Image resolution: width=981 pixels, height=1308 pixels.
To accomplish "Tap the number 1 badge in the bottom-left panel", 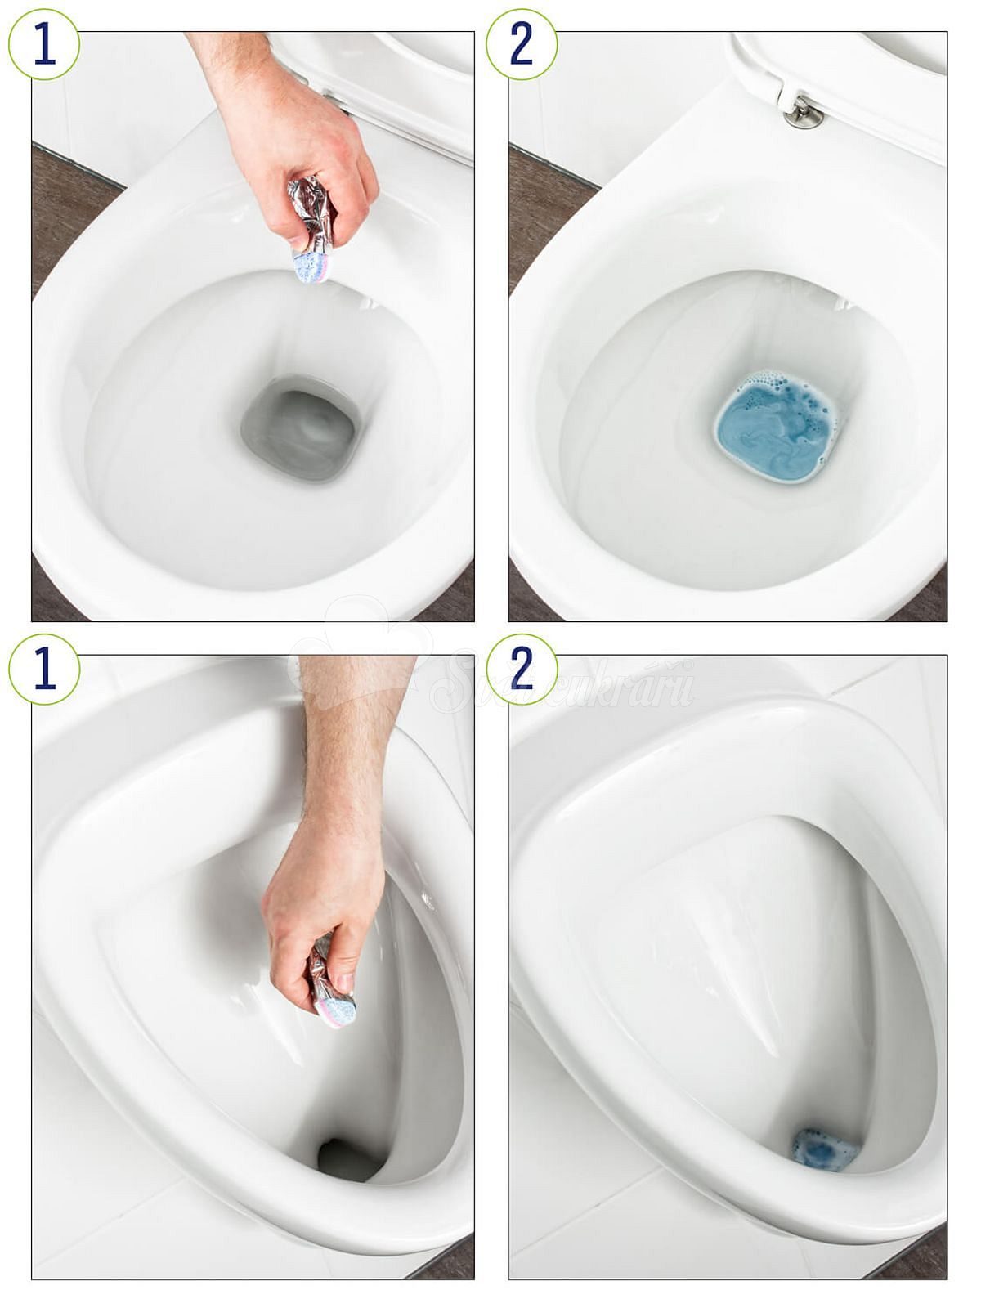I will click(x=44, y=669).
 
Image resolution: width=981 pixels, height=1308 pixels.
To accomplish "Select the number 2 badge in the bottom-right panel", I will click(x=522, y=669).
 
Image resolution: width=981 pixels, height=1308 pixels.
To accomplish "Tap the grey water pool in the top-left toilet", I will click(x=301, y=429).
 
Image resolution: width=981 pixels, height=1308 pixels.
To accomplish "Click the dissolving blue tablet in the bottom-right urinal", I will click(x=822, y=1149).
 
